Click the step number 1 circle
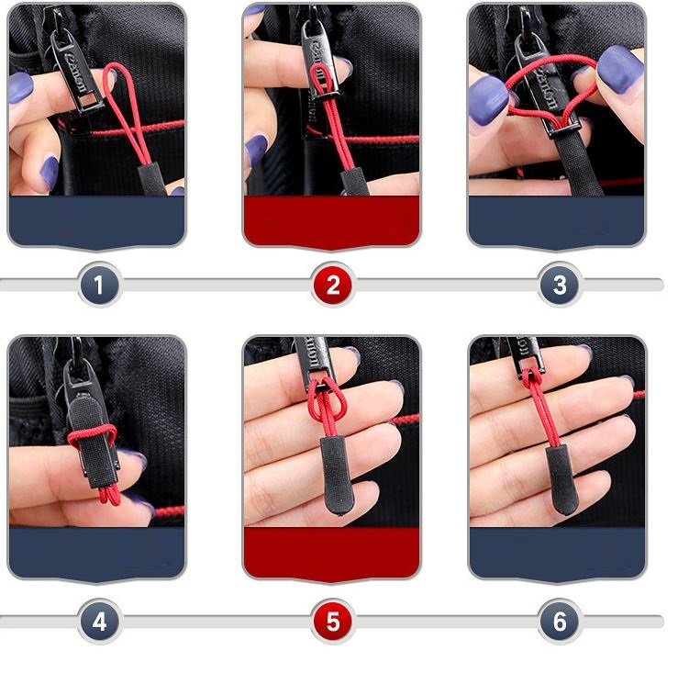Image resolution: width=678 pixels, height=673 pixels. click(99, 286)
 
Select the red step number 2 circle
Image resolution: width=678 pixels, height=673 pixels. click(332, 286)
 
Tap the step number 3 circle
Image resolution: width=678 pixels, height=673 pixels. click(560, 286)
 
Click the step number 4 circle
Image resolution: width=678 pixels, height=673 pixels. click(99, 622)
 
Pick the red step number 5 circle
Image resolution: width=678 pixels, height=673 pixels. click(332, 622)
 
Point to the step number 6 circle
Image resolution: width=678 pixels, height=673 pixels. click(560, 622)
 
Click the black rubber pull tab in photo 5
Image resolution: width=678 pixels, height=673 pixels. click(331, 468)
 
